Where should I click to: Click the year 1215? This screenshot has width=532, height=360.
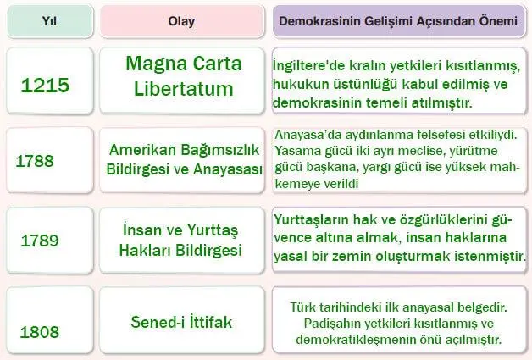[46, 85]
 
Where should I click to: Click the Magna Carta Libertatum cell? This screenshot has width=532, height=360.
[183, 75]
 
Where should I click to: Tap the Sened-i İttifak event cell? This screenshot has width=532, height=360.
[181, 323]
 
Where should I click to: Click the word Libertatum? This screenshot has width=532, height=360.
[183, 87]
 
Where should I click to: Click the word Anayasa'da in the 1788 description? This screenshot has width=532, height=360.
[308, 134]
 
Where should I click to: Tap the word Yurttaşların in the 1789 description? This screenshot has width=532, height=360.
[313, 218]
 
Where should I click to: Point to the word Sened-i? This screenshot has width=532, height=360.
[157, 323]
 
